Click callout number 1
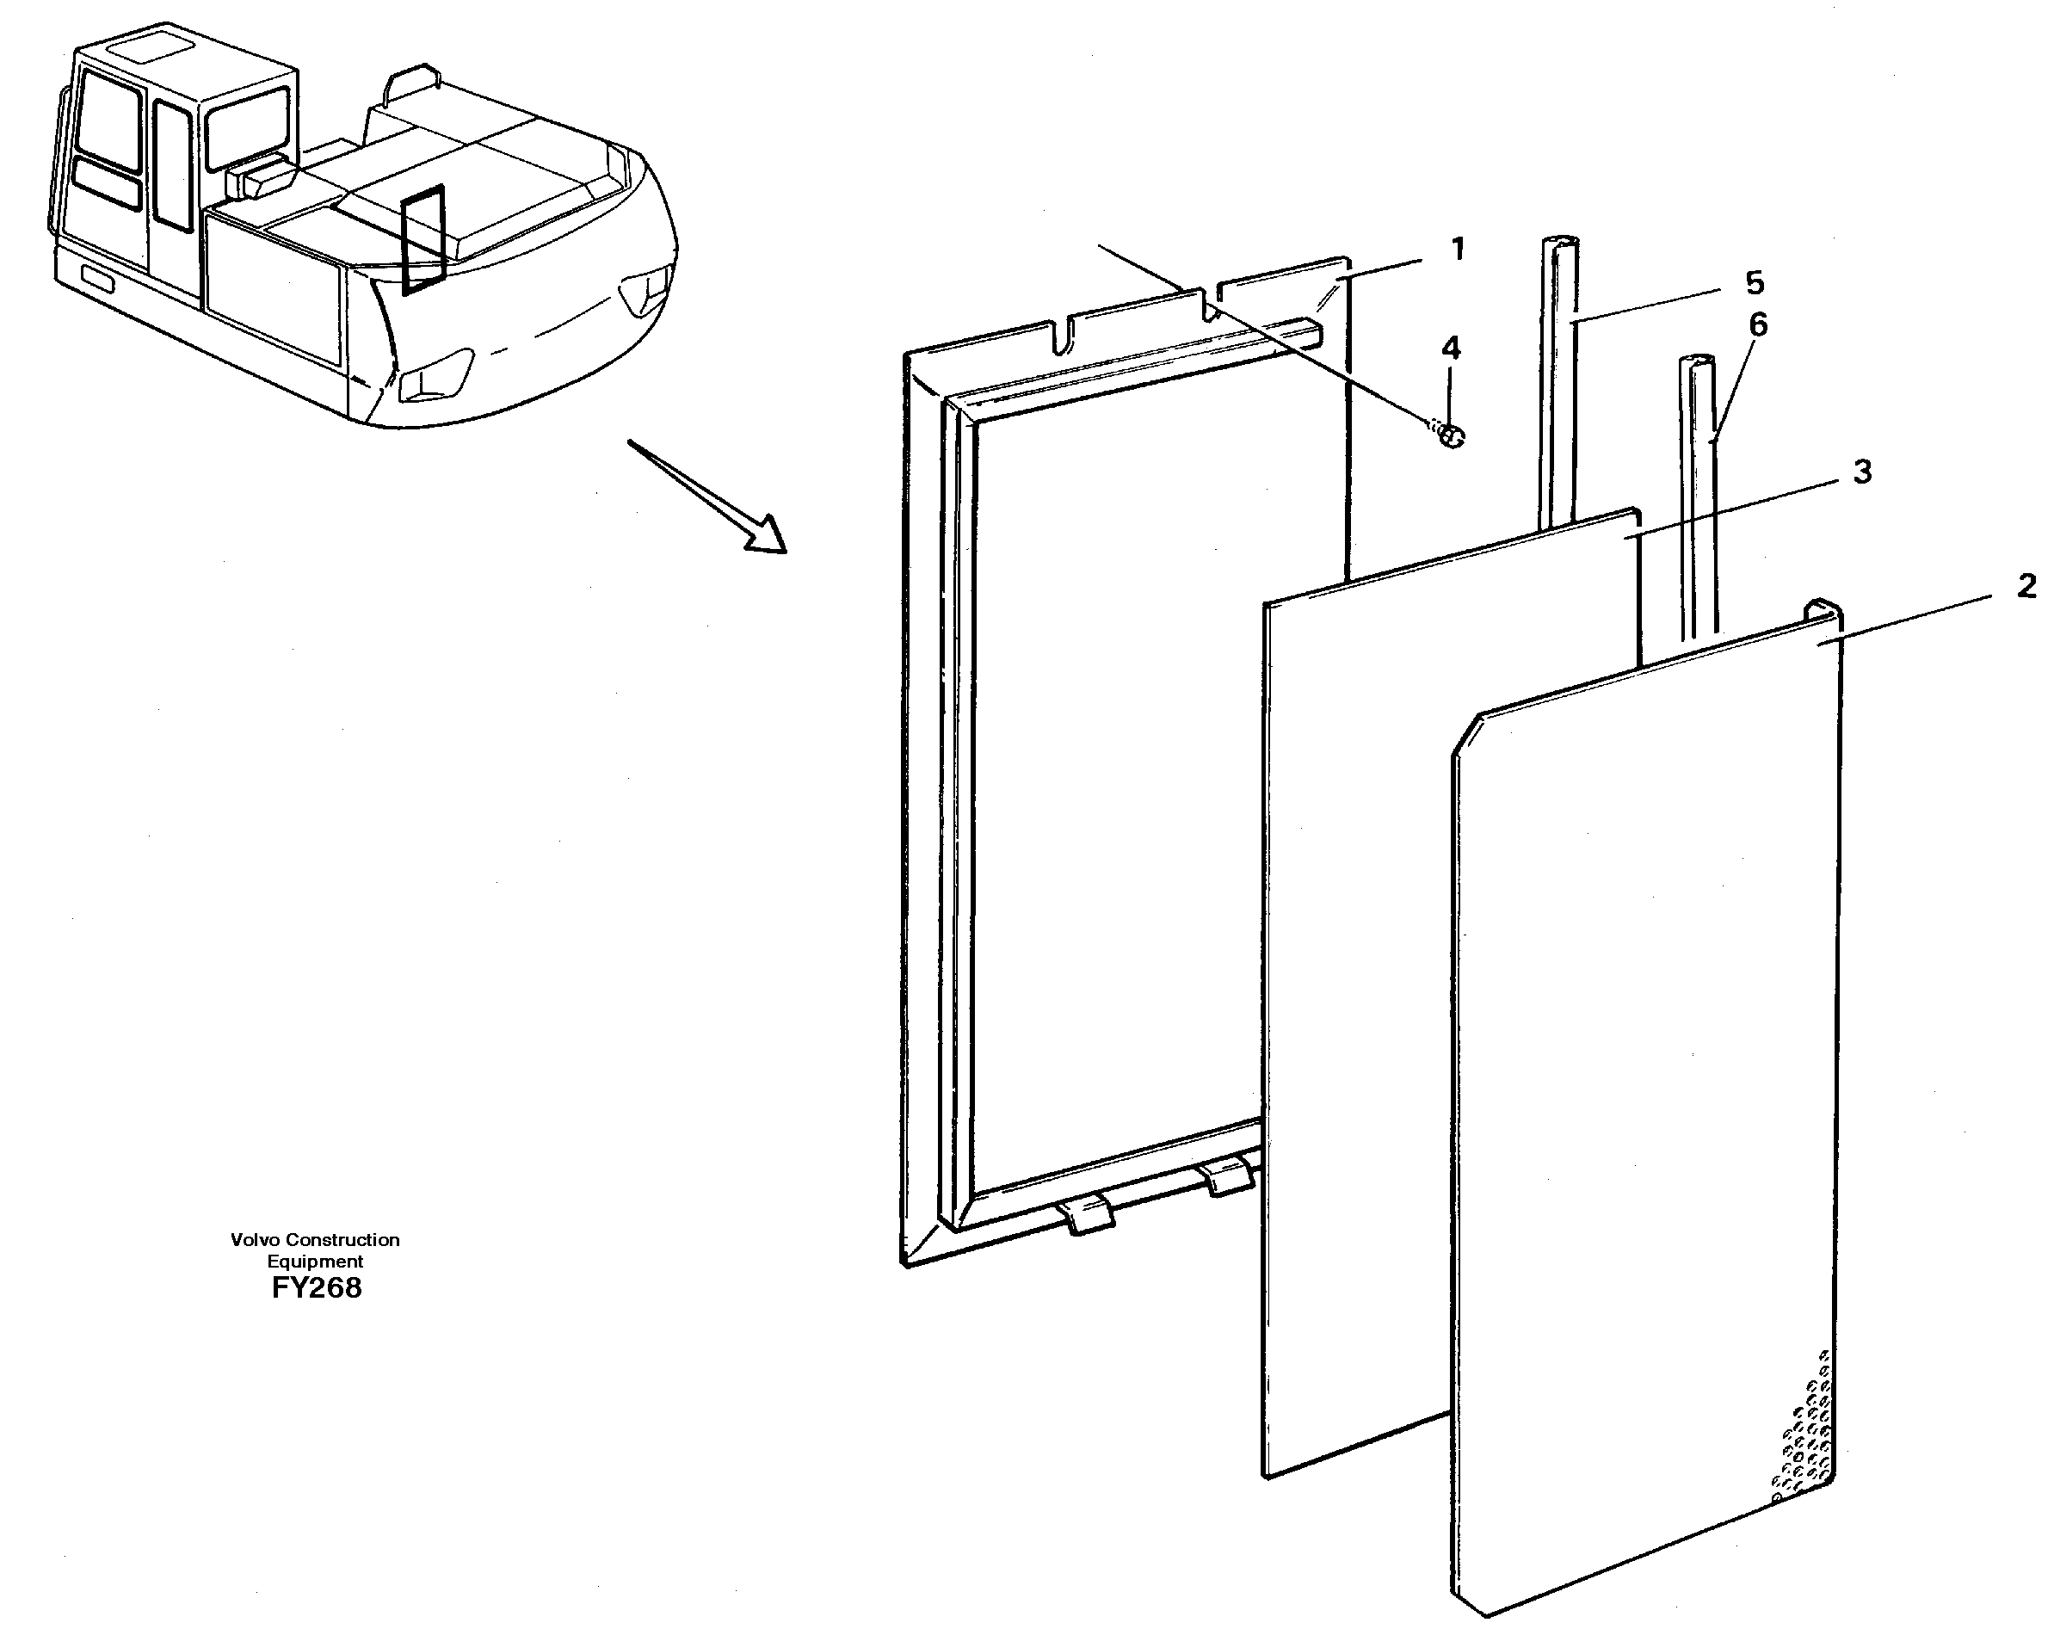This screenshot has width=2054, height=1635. (x=1457, y=250)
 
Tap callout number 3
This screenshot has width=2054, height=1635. (x=1861, y=471)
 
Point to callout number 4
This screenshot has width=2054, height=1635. (x=1450, y=349)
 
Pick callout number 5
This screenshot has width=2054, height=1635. (x=1754, y=282)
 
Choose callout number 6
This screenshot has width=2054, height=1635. (x=1758, y=325)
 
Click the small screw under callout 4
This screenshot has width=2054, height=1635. (x=1450, y=436)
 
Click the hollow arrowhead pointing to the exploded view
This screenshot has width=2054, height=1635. (x=767, y=535)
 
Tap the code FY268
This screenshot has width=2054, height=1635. (x=317, y=1288)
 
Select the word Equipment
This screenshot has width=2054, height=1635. (x=315, y=1262)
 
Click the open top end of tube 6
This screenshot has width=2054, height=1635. (x=1697, y=363)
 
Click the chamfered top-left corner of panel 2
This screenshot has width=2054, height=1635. (x=1465, y=735)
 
